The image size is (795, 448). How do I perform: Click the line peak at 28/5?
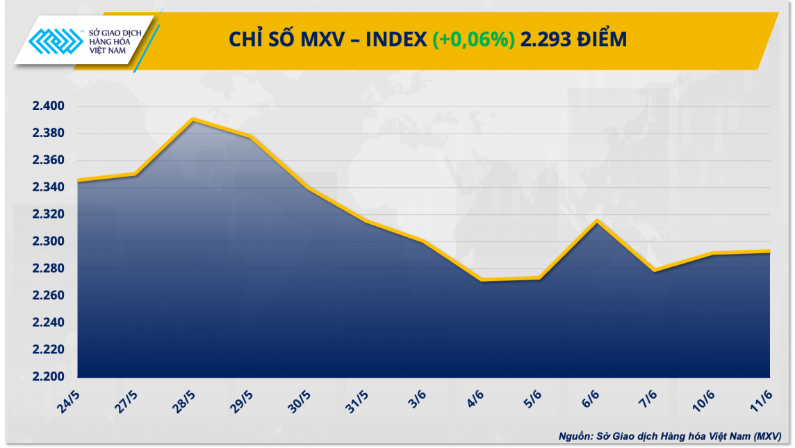click(192, 119)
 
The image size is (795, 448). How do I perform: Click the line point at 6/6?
click(596, 221)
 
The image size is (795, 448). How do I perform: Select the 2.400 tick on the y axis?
click(48, 106)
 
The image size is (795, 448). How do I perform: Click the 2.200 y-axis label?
click(48, 377)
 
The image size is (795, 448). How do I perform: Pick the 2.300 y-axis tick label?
click(48, 242)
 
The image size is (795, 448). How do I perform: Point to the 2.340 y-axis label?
click(48, 188)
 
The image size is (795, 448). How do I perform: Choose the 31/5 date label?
click(359, 403)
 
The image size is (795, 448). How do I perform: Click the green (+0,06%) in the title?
click(473, 40)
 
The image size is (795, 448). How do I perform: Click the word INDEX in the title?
click(396, 40)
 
